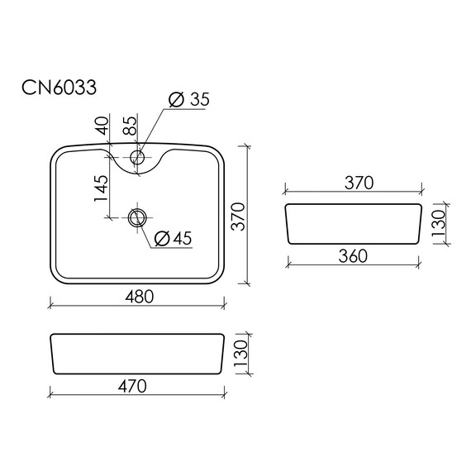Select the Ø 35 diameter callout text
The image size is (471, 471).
coord(188,100)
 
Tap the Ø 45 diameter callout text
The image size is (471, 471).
coord(174,238)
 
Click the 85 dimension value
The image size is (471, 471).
coord(130,126)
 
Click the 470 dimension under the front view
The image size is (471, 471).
coord(136,386)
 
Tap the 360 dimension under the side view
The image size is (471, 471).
coord(353,256)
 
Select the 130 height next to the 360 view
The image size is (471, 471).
coord(438,222)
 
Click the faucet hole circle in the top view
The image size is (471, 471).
coord(137,155)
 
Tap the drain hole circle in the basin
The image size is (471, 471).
coord(137,218)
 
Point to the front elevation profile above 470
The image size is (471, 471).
coord(136,354)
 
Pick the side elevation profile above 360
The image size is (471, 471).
coord(354,222)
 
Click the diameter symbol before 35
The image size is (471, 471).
coord(175,100)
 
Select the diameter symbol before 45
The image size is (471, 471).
coord(162,238)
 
